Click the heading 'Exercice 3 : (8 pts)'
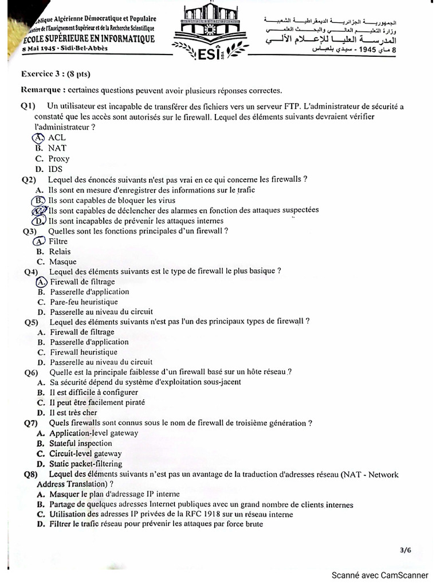[x=56, y=74]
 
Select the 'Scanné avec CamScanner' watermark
[x=380, y=575]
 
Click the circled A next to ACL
[x=38, y=138]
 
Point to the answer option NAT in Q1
[x=57, y=148]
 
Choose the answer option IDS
[x=56, y=169]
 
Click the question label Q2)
[x=29, y=179]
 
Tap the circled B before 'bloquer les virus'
[x=38, y=201]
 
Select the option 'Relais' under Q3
[x=60, y=252]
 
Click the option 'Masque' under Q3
[x=62, y=262]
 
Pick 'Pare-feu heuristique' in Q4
[x=84, y=302]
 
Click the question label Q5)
[x=31, y=322]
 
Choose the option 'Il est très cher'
[x=73, y=413]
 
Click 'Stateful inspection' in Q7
[x=81, y=443]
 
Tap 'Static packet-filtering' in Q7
[x=85, y=464]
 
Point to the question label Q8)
[x=31, y=475]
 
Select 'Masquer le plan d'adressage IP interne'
[x=115, y=494]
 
